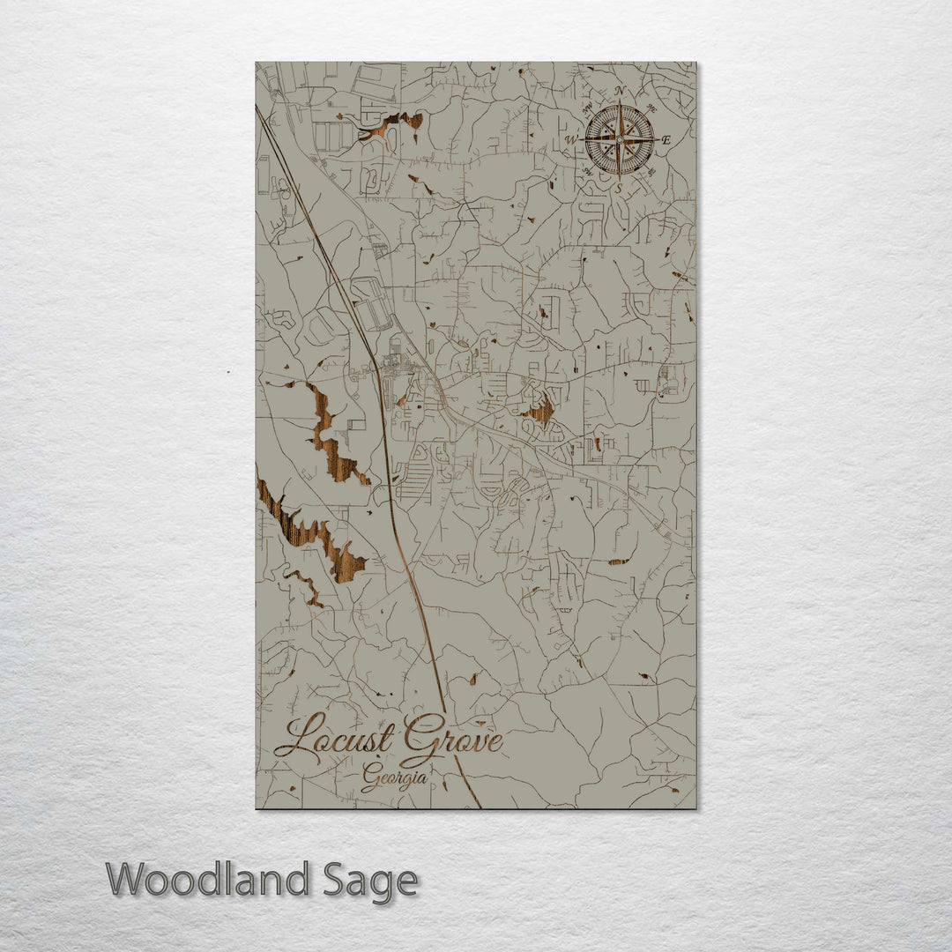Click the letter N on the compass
click(620, 91)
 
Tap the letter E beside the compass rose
click(666, 139)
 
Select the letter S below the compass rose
click(619, 188)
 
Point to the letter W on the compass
click(571, 140)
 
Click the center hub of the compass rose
click(620, 139)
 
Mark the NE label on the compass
click(651, 108)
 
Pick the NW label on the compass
click(587, 107)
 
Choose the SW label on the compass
click(587, 173)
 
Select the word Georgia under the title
click(395, 778)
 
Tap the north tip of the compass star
click(620, 105)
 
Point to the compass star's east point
click(653, 139)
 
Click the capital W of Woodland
click(129, 880)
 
